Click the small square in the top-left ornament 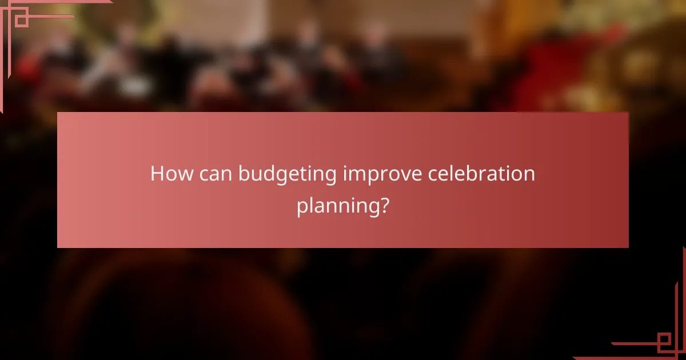click(21, 21)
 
